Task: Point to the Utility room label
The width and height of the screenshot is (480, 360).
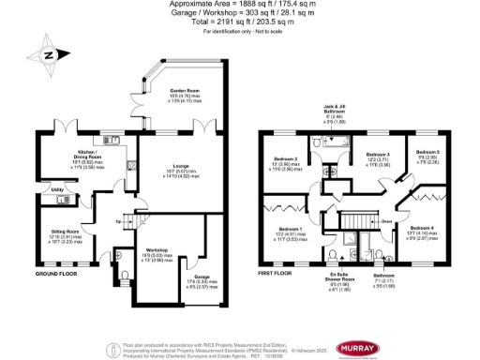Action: click(57, 189)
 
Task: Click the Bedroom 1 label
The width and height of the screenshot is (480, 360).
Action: click(290, 229)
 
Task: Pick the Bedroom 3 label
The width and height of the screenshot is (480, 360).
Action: click(378, 153)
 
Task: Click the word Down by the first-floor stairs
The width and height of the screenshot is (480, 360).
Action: click(386, 222)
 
